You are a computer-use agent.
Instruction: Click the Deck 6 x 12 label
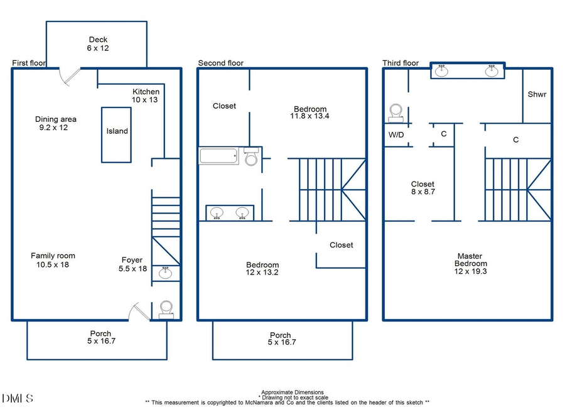click(97, 43)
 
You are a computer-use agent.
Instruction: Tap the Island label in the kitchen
click(117, 131)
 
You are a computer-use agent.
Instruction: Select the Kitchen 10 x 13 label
click(146, 95)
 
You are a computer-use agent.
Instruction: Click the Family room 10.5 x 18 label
click(53, 260)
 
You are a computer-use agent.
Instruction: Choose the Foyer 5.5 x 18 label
click(132, 264)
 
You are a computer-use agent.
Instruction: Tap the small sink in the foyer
click(166, 273)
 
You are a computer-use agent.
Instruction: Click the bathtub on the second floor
click(218, 156)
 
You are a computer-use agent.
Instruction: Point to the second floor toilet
click(251, 157)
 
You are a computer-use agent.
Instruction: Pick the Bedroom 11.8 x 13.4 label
click(309, 112)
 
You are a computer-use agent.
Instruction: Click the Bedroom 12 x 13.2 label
click(262, 269)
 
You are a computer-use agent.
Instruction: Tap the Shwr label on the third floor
click(537, 95)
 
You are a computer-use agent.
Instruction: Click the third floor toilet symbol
click(396, 112)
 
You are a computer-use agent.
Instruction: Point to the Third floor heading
click(401, 63)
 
